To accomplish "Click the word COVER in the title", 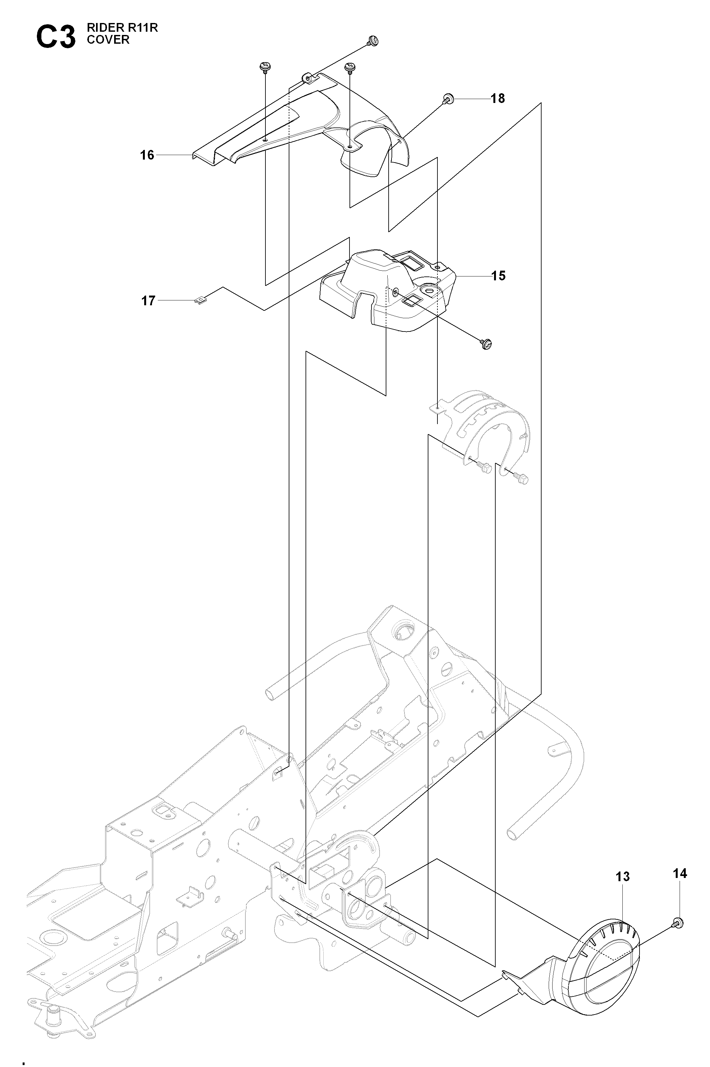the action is point(108,40).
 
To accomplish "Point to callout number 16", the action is point(147,155).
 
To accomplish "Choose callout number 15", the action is point(498,275).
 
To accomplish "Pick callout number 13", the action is point(623,877).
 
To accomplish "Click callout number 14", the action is point(680,873).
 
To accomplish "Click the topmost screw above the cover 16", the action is point(373,41).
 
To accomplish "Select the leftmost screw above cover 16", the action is point(264,68).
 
